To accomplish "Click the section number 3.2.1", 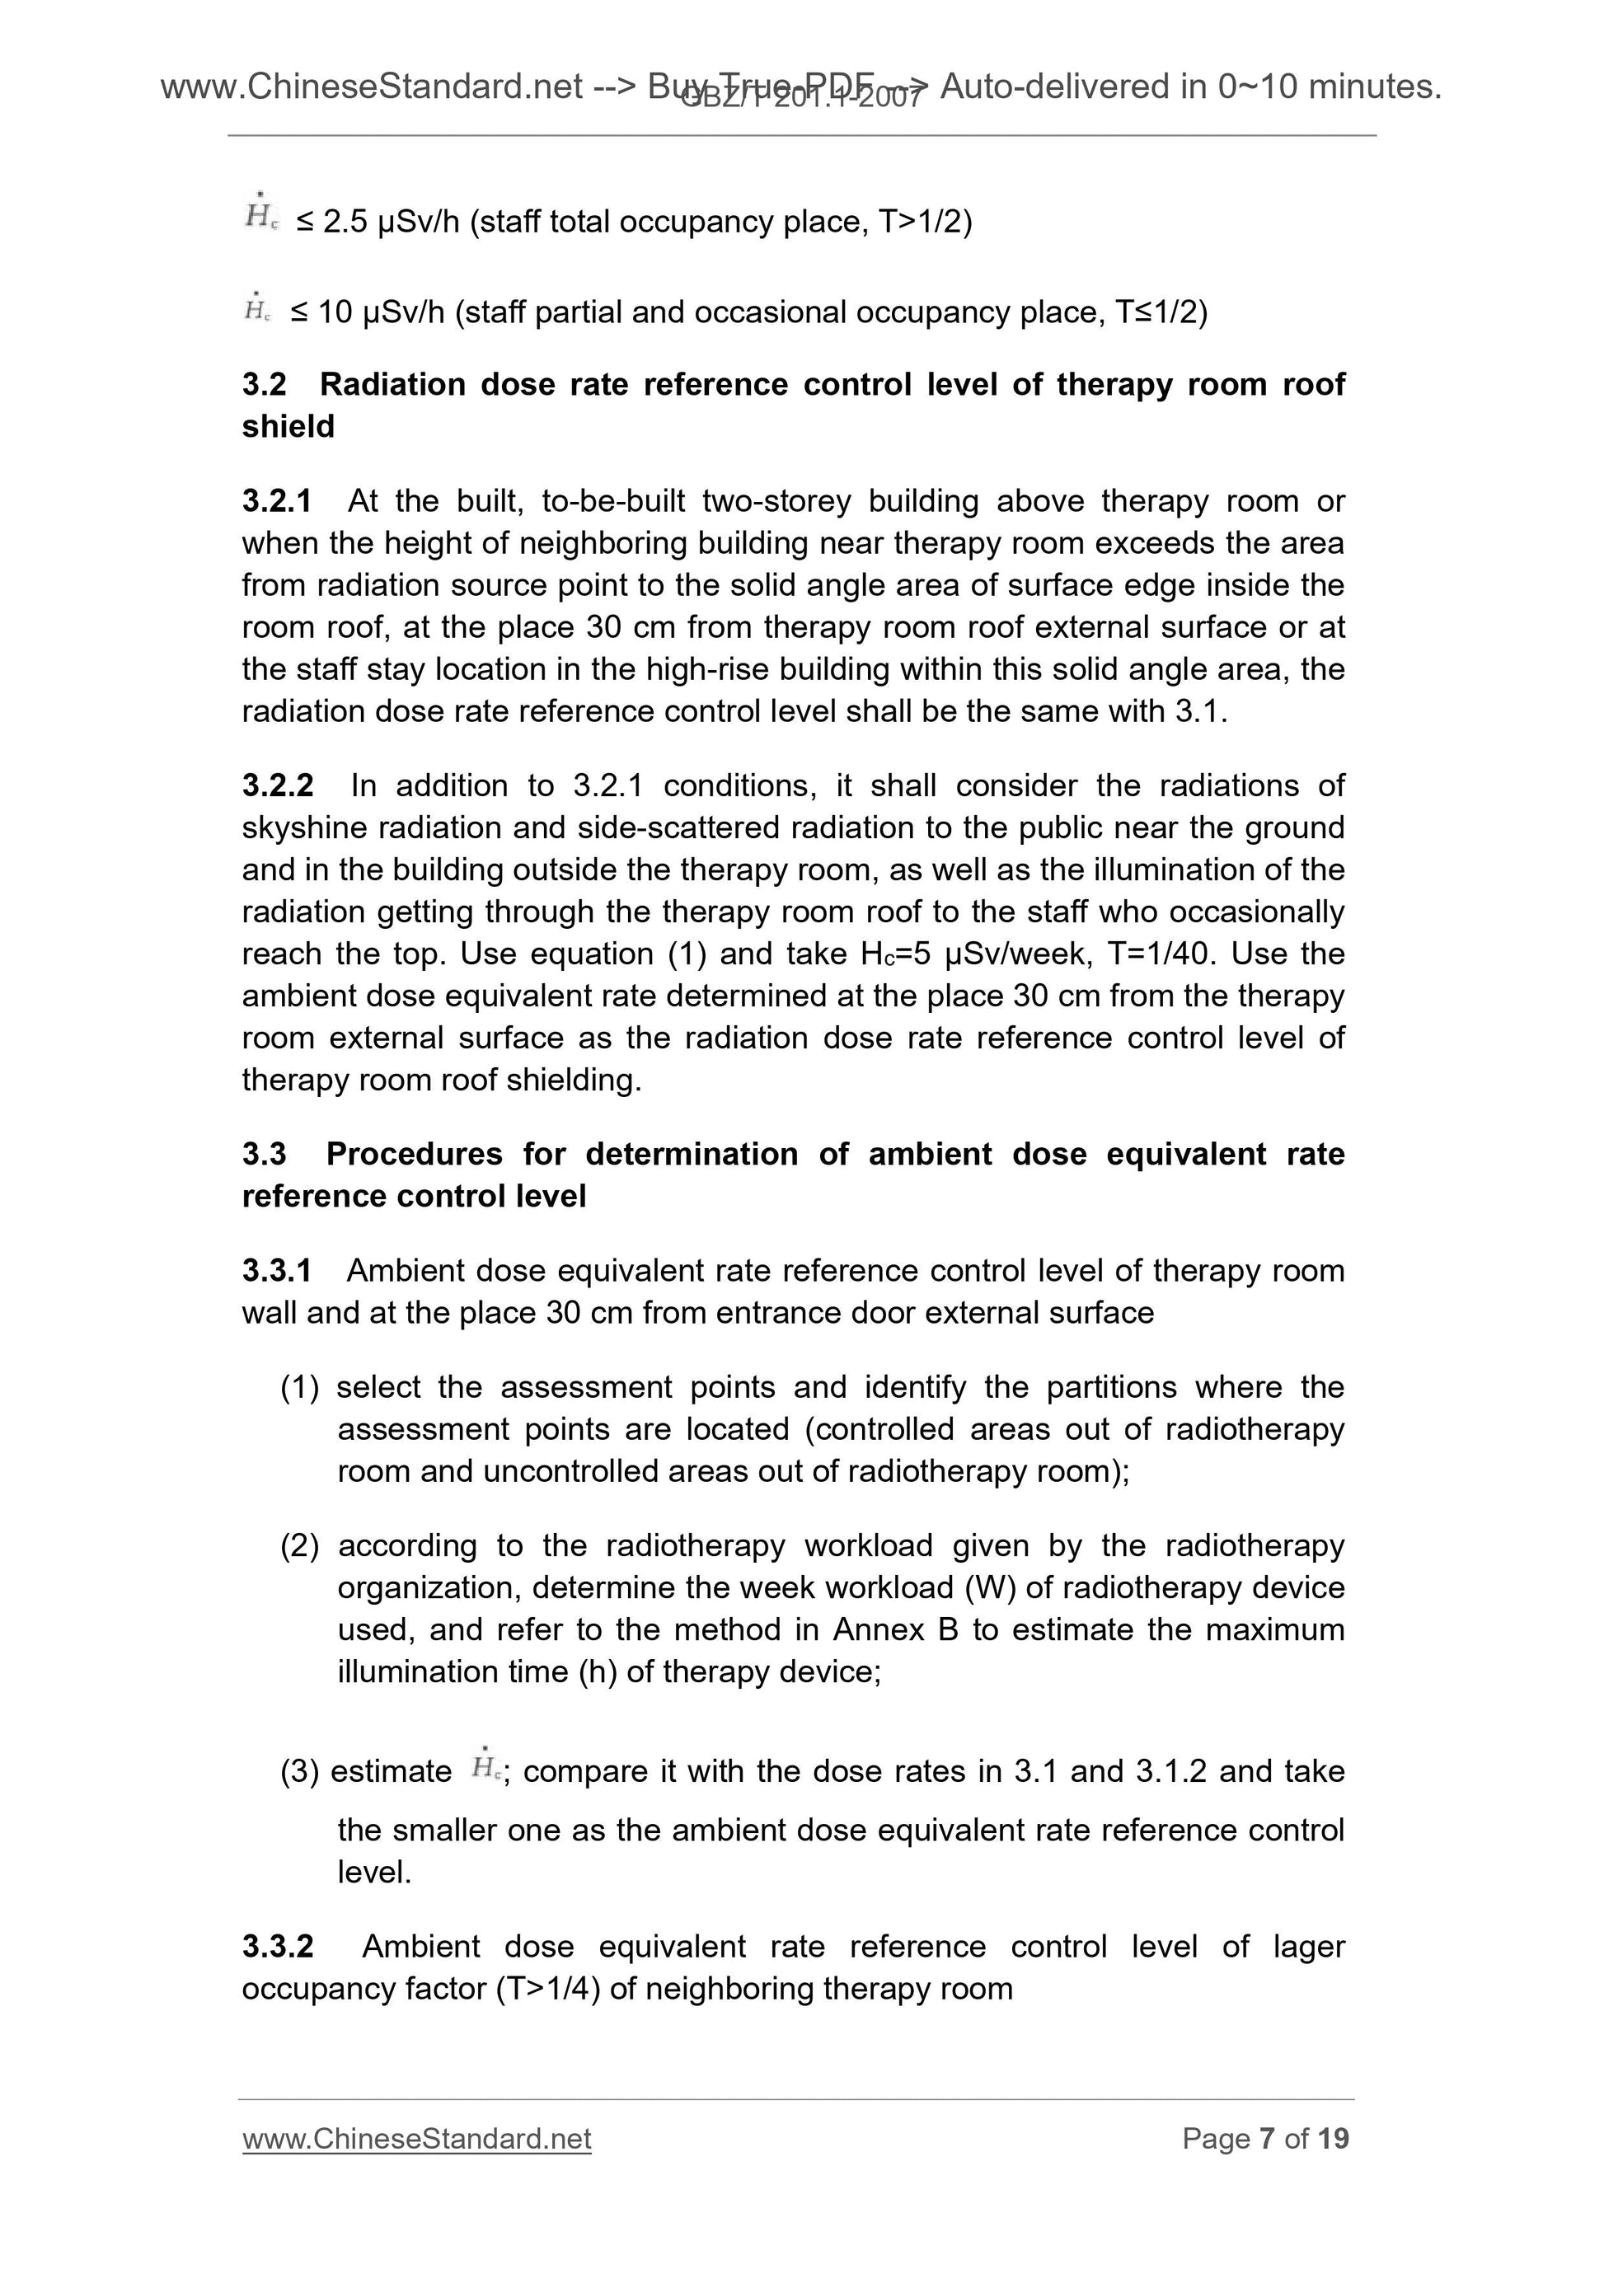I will click(x=276, y=501).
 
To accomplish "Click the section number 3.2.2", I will click(x=278, y=785).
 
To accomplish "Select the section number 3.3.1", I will click(x=276, y=1270).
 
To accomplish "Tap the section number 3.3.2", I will click(x=278, y=1946).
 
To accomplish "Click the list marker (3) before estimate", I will click(x=299, y=1771).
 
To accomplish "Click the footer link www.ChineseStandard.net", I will click(x=416, y=2139).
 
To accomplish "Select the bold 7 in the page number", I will click(x=1267, y=2139).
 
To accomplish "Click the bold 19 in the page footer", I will click(x=1333, y=2139).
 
